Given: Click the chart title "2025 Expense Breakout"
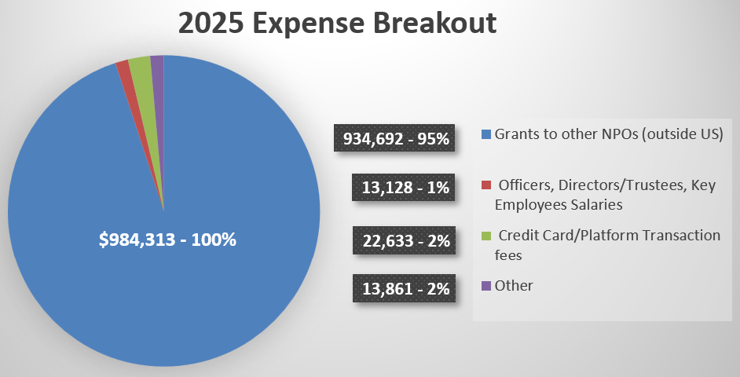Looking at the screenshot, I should point(337,23).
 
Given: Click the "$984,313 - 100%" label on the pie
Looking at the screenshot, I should point(167,240).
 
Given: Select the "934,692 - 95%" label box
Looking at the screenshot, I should point(397,140).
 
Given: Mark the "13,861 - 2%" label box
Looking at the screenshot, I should point(405,289).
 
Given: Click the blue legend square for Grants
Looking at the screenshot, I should point(485,134).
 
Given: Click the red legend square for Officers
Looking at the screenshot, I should point(485,185).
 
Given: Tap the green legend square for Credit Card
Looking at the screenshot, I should point(485,236).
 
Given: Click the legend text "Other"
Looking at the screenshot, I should point(514,286).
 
